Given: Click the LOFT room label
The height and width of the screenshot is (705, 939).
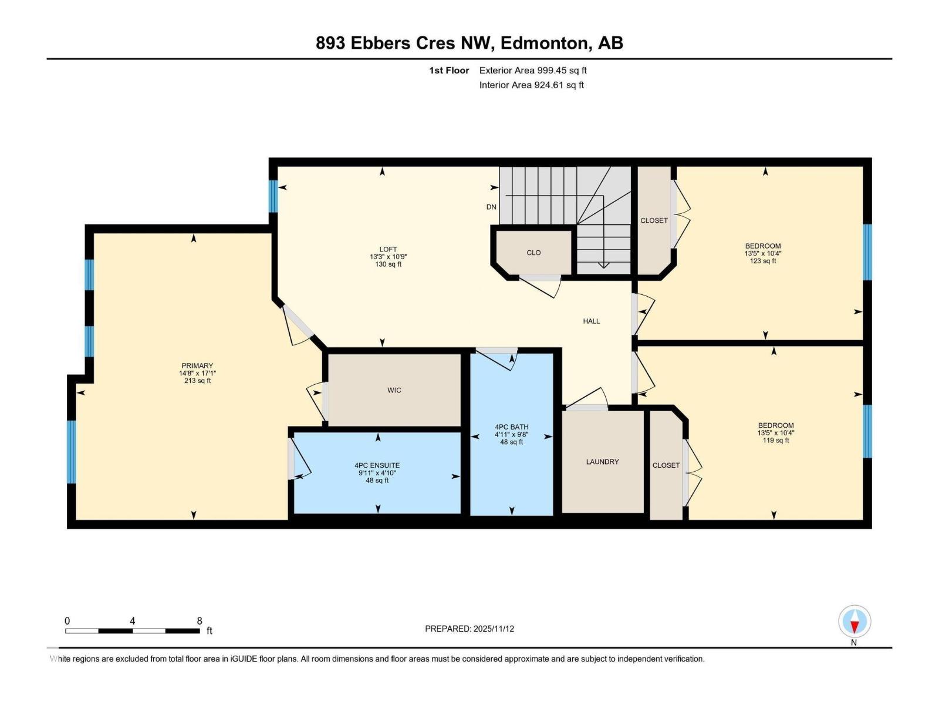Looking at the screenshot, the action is [x=388, y=249].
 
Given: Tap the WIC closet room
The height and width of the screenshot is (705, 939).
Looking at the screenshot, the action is [x=394, y=390].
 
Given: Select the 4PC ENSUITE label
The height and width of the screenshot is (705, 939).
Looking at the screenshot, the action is [x=377, y=465].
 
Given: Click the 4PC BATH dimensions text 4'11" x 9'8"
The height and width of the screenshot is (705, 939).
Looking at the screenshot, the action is [x=512, y=435].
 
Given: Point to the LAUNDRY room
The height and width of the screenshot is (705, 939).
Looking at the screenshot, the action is [x=602, y=462].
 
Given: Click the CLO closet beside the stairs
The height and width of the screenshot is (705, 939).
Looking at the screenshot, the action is [x=533, y=253].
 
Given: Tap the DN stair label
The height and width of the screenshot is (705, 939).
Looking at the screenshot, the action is [x=491, y=207].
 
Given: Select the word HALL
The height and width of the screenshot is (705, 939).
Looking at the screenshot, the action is [x=592, y=321].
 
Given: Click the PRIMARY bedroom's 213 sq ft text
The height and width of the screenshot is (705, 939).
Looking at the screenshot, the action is [x=197, y=381].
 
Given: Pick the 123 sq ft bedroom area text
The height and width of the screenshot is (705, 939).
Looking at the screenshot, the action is [x=763, y=261].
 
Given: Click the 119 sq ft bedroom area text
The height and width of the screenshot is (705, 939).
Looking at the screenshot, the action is [x=776, y=440].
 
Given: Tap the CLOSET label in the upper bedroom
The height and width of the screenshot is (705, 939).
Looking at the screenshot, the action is [x=654, y=220].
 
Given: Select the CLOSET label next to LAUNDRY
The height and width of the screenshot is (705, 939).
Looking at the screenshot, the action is [x=666, y=465].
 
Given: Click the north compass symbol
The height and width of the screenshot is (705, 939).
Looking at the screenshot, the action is [x=854, y=622].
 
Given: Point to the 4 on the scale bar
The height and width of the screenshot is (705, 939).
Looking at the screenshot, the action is [x=133, y=621].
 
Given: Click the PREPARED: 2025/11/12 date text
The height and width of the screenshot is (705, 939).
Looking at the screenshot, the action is [x=469, y=629].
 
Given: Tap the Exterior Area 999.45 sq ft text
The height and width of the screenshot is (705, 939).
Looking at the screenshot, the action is [x=533, y=70].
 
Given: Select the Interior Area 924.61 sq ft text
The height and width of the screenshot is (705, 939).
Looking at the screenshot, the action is [x=531, y=85].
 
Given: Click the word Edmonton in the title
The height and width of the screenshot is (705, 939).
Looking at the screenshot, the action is [x=545, y=43].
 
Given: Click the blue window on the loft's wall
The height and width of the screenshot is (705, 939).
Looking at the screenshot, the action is [x=273, y=196].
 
